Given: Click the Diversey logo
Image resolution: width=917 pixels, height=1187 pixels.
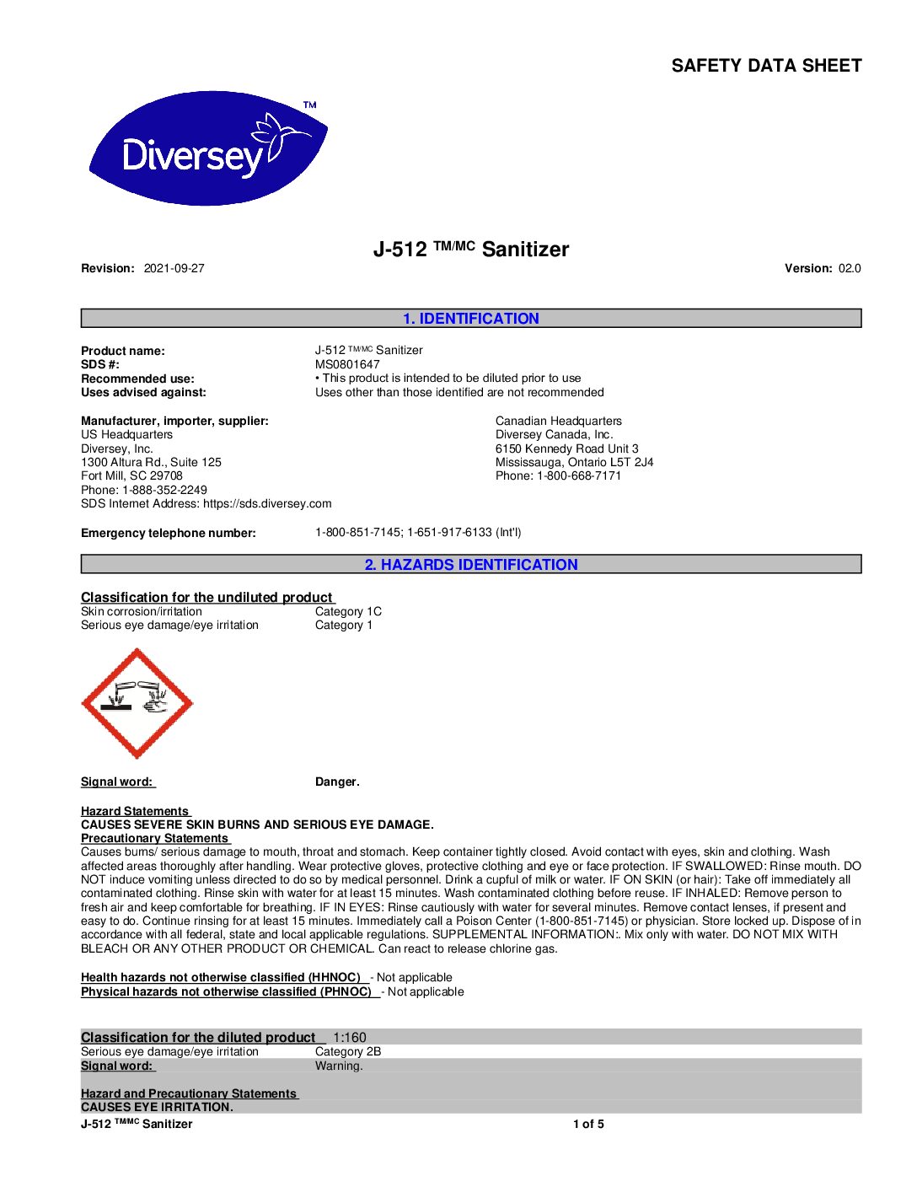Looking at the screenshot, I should pyautogui.click(x=208, y=148).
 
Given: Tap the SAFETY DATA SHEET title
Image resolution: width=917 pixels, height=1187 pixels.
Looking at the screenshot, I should pyautogui.click(x=766, y=66).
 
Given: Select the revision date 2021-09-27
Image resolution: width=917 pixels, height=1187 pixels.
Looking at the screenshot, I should pyautogui.click(x=174, y=269).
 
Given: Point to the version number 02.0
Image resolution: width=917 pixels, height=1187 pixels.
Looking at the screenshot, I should pyautogui.click(x=850, y=269).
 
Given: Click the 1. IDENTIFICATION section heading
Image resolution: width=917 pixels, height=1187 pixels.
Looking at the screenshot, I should pyautogui.click(x=470, y=319).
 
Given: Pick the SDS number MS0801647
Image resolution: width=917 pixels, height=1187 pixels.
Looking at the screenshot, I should pyautogui.click(x=347, y=365).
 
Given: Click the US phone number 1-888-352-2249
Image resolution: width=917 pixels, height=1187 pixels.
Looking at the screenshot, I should pyautogui.click(x=164, y=490).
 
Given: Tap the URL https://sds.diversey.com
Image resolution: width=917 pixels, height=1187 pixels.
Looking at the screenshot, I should pyautogui.click(x=267, y=504).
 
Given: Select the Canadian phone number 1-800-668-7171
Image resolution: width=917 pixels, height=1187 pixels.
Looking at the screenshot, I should pyautogui.click(x=579, y=476).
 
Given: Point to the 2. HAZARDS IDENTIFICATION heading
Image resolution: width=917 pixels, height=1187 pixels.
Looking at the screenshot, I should pyautogui.click(x=470, y=565).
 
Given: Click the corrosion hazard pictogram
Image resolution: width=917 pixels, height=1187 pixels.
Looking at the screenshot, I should pyautogui.click(x=137, y=703).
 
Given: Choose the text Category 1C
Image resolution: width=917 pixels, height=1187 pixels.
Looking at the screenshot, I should pyautogui.click(x=348, y=612).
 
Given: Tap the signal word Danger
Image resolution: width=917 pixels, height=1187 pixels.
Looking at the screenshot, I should pyautogui.click(x=337, y=782).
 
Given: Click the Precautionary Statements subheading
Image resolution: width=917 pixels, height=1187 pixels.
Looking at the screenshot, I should pyautogui.click(x=155, y=839).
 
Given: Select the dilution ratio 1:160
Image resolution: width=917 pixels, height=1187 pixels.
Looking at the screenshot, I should pyautogui.click(x=350, y=1038).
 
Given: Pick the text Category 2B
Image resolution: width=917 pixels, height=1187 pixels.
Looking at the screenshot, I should pyautogui.click(x=348, y=1052).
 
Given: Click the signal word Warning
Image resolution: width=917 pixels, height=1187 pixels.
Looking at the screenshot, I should pyautogui.click(x=339, y=1066).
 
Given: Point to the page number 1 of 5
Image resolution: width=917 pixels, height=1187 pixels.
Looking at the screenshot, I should pyautogui.click(x=588, y=1125).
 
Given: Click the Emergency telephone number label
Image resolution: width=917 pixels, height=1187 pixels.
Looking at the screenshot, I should pyautogui.click(x=168, y=534).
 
